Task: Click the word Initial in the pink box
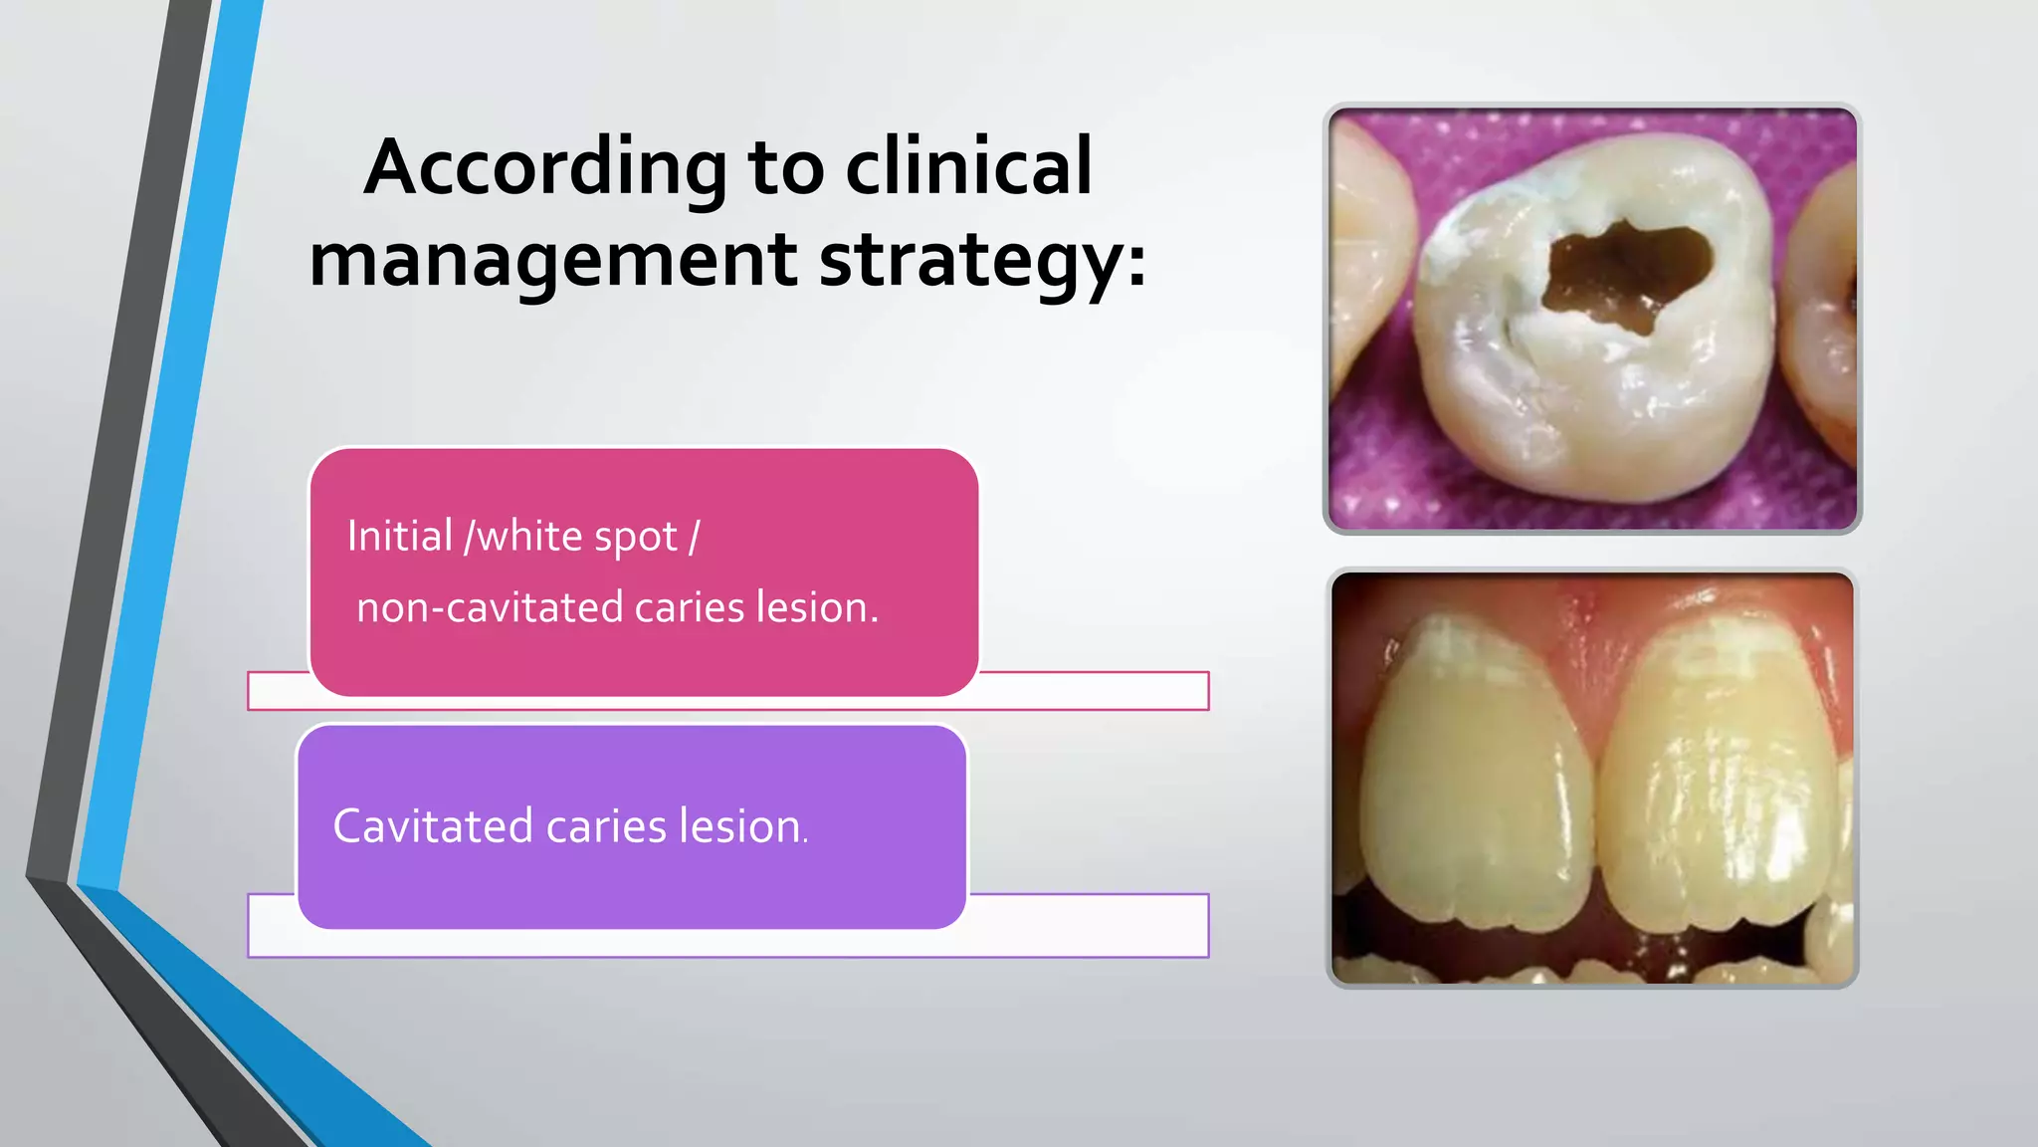400,536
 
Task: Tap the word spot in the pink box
636,538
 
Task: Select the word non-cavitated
490,607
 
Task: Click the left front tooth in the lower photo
1473,777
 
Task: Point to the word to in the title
785,167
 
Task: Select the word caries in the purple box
605,826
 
